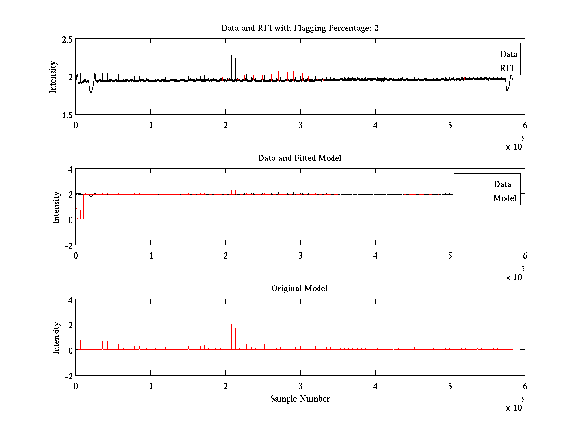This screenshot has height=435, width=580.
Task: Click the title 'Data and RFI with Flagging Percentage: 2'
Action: click(x=300, y=28)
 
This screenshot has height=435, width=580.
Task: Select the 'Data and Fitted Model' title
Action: click(x=300, y=158)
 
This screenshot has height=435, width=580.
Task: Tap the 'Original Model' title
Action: click(x=300, y=289)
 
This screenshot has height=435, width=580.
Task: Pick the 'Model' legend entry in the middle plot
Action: click(x=505, y=198)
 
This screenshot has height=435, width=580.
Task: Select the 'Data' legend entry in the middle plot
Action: click(x=502, y=184)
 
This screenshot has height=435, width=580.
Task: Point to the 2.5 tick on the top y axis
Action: click(x=68, y=39)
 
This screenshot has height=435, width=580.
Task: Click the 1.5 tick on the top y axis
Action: click(x=68, y=115)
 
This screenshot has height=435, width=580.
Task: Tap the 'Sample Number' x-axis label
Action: click(x=300, y=399)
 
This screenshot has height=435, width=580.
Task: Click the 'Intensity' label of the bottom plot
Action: click(x=57, y=337)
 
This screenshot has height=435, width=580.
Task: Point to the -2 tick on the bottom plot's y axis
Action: click(x=68, y=376)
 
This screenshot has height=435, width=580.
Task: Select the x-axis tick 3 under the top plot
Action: click(x=300, y=125)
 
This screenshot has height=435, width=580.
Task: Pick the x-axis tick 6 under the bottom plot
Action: click(x=525, y=386)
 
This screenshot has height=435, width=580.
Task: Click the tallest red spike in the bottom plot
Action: click(x=231, y=325)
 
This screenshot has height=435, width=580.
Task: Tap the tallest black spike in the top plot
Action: click(x=231, y=56)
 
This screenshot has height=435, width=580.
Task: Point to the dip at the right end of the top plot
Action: click(x=507, y=89)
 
